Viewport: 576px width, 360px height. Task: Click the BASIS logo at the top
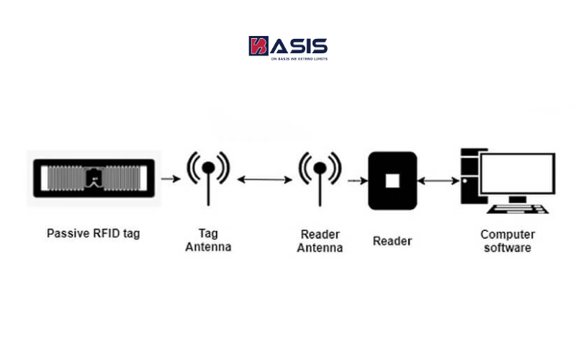[288, 48]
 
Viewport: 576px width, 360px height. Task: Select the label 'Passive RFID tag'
[94, 233]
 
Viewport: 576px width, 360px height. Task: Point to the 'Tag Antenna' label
[208, 240]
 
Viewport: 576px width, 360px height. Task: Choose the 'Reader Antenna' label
[320, 240]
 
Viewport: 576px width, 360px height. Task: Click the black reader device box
[392, 180]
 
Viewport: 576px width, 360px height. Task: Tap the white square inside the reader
[392, 180]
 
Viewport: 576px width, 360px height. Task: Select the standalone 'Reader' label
[392, 240]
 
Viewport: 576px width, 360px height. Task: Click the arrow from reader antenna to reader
[354, 180]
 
